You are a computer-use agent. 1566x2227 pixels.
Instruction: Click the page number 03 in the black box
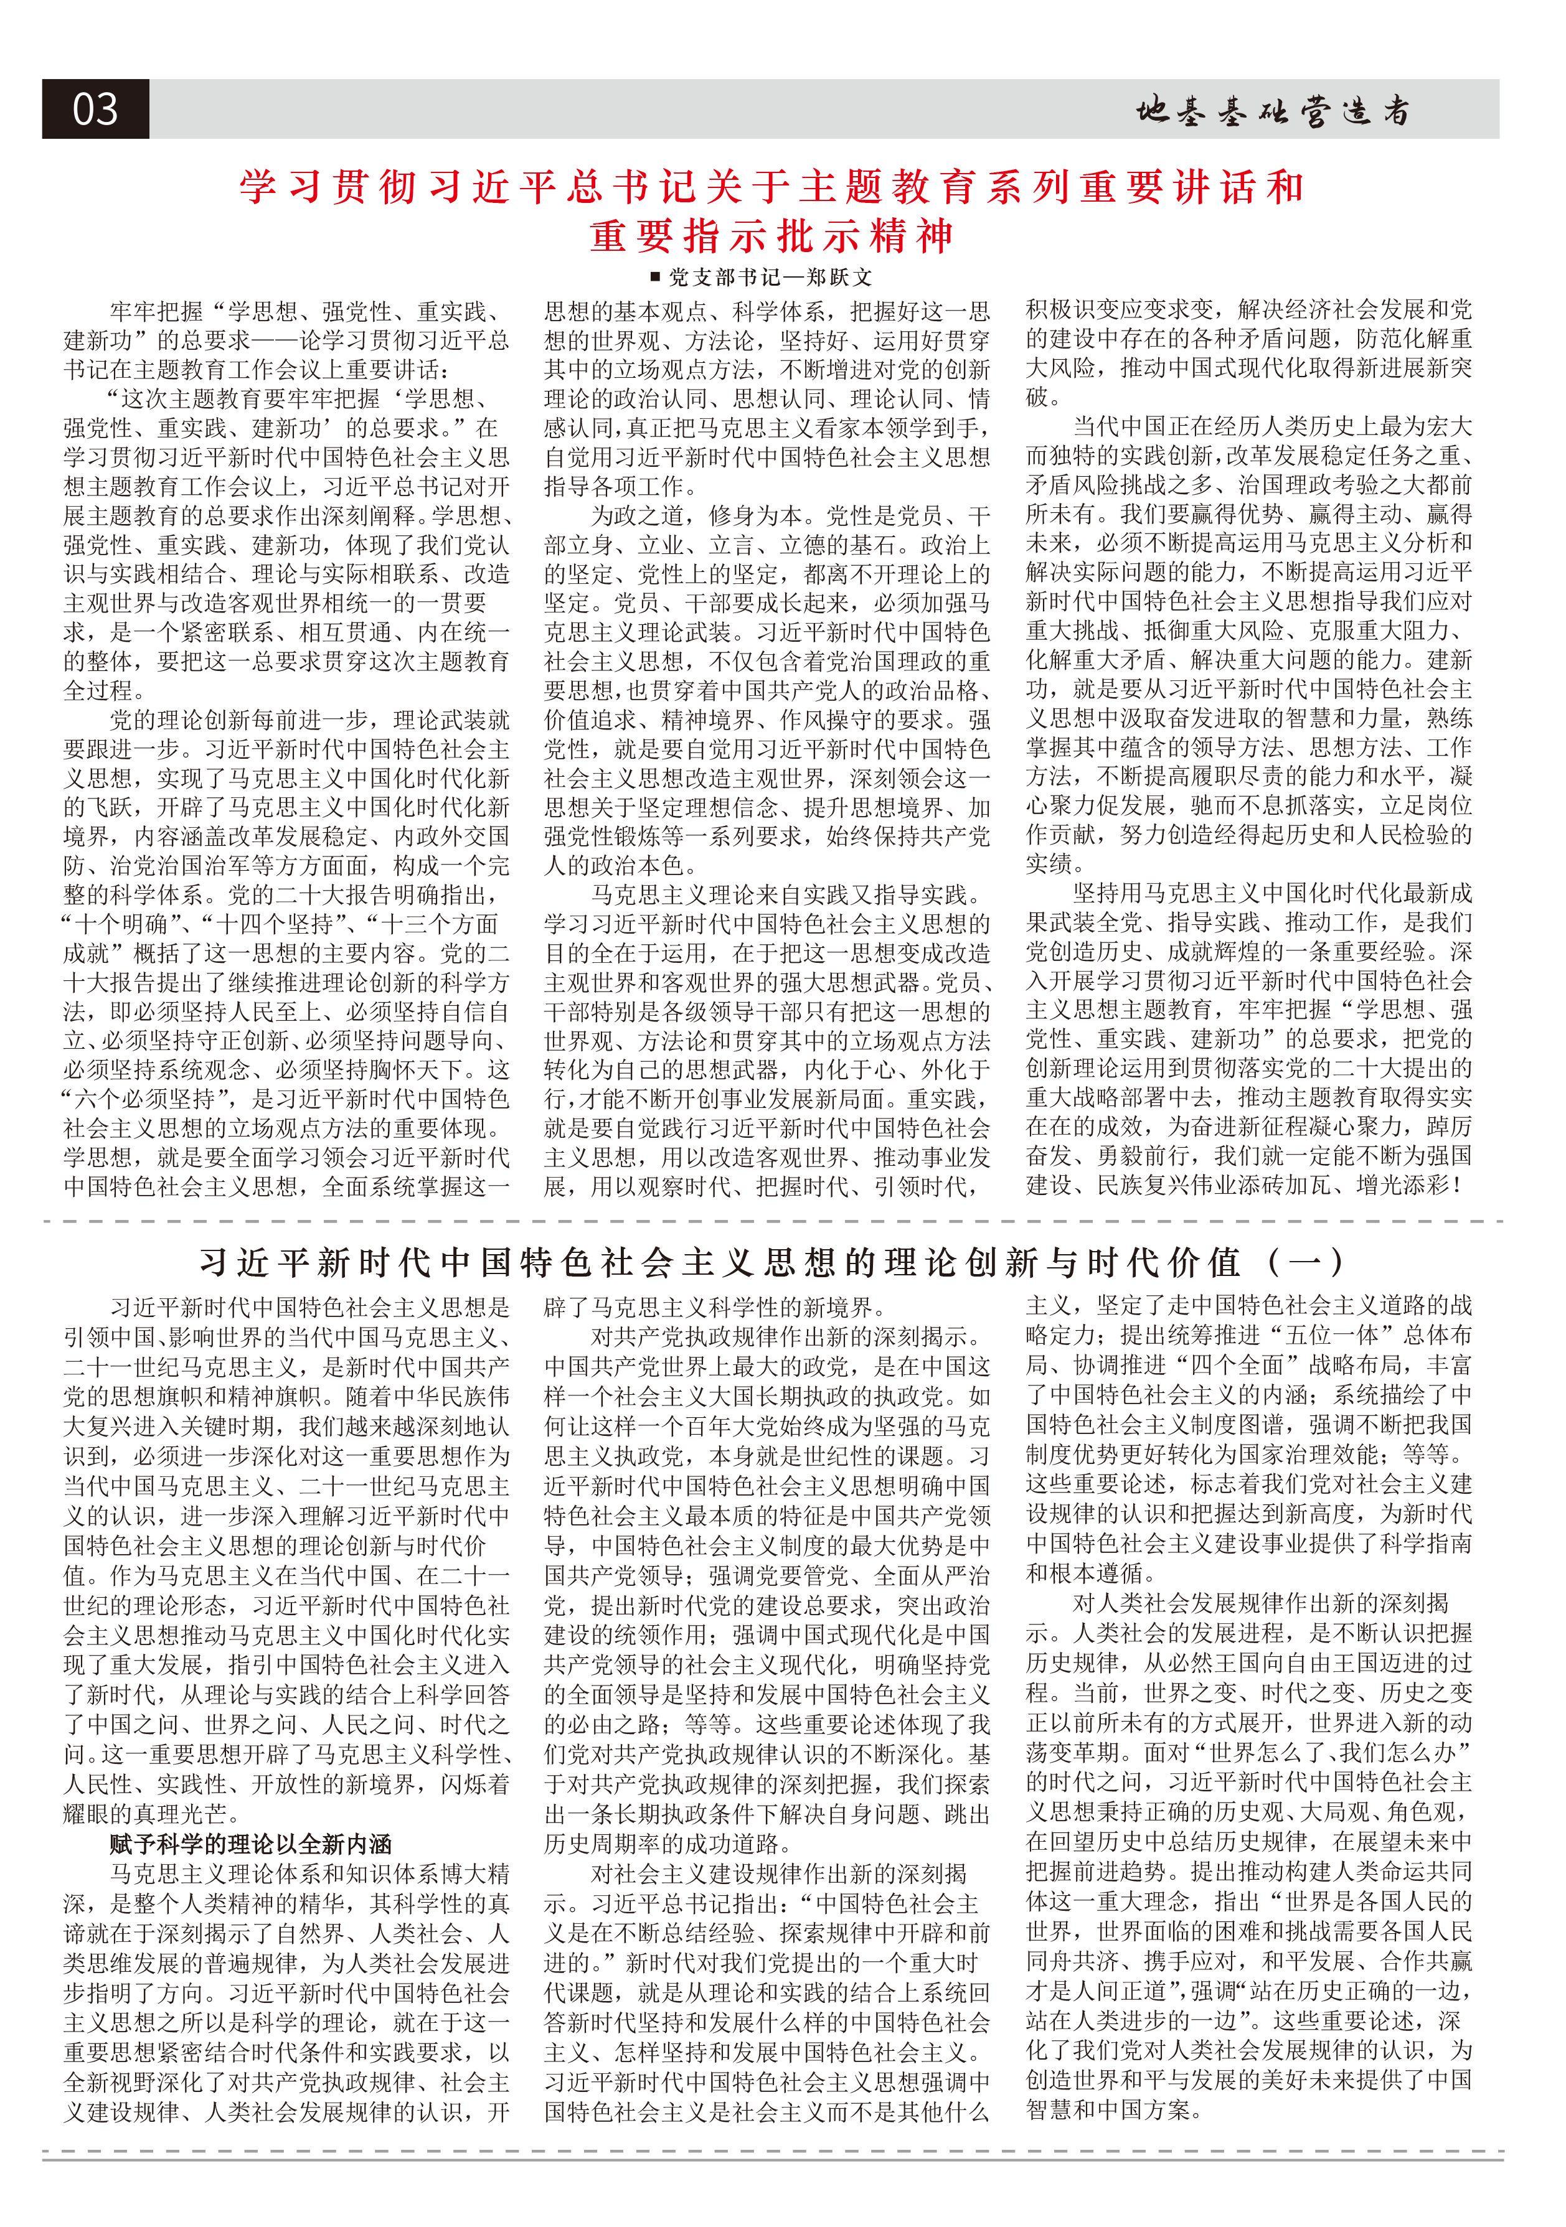[x=95, y=109]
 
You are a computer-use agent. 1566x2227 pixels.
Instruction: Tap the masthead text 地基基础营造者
[x=1273, y=111]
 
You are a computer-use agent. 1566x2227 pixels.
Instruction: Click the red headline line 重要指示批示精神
[x=772, y=236]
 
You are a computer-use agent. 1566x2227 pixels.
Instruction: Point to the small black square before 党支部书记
[x=656, y=278]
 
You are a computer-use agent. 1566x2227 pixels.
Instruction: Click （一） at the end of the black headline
[x=1305, y=1262]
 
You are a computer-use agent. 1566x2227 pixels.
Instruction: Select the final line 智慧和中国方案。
[x=1114, y=2109]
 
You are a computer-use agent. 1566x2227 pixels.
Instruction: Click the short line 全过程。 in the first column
[x=104, y=691]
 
